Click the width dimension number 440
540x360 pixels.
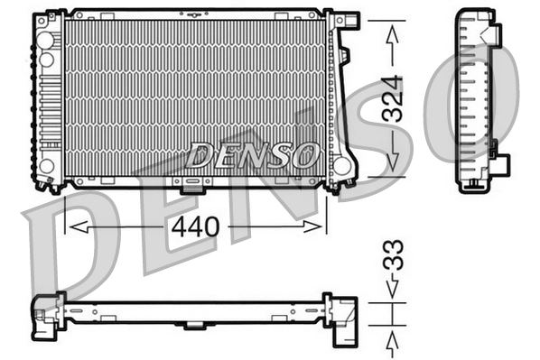[x=195, y=226]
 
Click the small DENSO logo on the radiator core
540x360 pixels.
[x=255, y=155]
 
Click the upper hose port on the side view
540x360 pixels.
[x=494, y=33]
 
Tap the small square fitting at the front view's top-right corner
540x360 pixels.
[x=347, y=21]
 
